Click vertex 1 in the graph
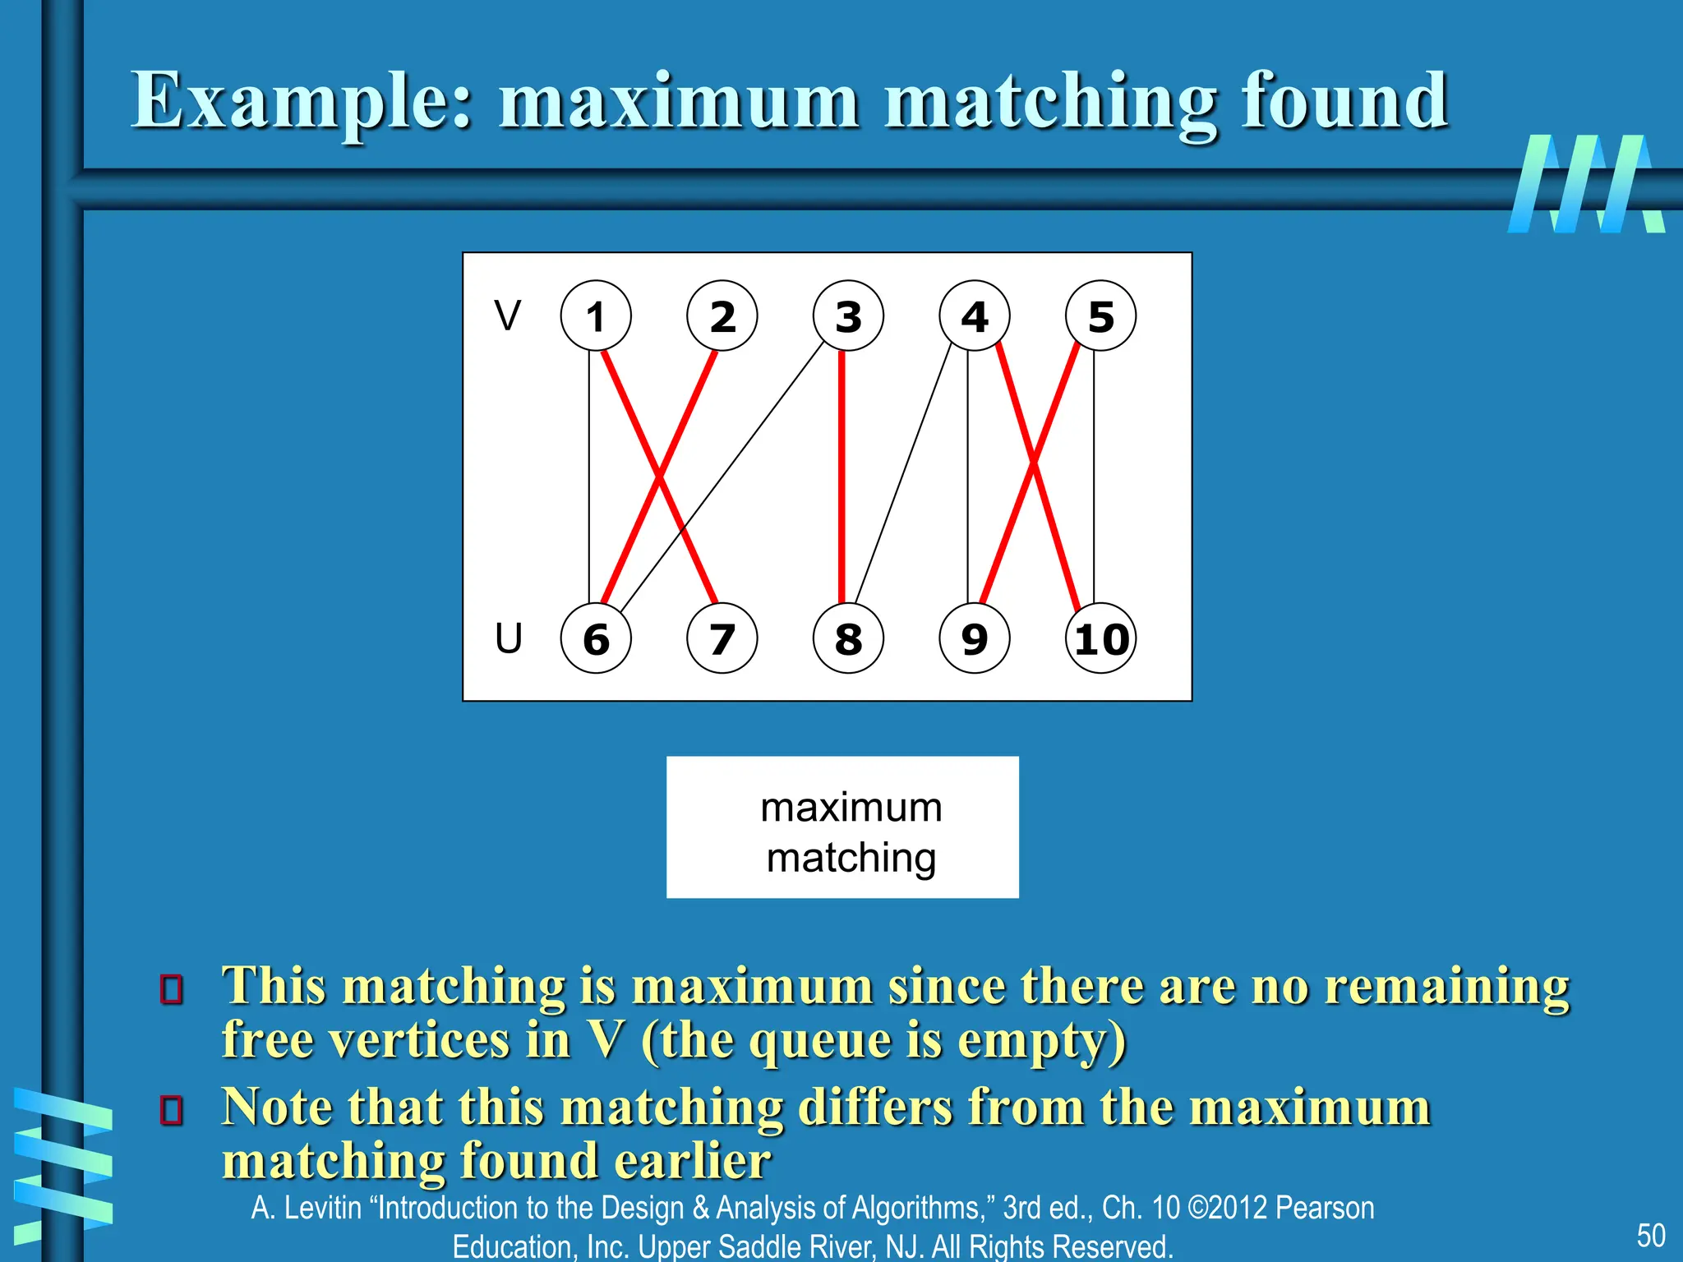(596, 316)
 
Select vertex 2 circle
(722, 316)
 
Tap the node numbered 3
(848, 316)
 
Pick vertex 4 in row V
(975, 316)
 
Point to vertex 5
(1101, 316)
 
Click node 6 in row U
(596, 638)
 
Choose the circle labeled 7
(722, 638)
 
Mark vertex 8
(848, 638)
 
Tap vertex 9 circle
(975, 638)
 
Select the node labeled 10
(1101, 638)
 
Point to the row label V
(508, 315)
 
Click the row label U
(509, 638)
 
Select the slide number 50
(1651, 1236)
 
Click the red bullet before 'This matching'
(172, 989)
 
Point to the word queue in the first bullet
(822, 1040)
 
